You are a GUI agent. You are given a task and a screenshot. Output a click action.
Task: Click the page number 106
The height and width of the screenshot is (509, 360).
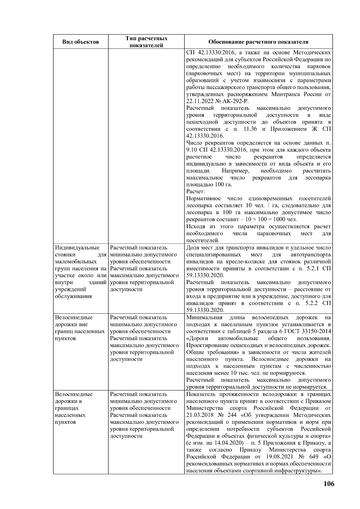click(x=328, y=484)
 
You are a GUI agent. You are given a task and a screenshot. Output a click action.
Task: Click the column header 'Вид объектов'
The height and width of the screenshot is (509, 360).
click(x=80, y=42)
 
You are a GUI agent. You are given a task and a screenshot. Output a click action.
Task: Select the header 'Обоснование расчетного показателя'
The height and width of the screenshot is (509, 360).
click(x=258, y=42)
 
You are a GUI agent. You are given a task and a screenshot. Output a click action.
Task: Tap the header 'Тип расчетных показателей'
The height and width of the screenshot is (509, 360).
click(x=146, y=42)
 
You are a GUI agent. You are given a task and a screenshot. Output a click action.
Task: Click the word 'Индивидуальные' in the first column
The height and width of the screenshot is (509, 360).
click(x=77, y=248)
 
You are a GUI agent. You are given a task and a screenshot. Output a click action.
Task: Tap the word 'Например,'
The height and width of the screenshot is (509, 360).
click(x=235, y=171)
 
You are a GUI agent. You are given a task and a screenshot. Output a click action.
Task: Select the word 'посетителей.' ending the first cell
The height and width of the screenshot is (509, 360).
click(x=203, y=241)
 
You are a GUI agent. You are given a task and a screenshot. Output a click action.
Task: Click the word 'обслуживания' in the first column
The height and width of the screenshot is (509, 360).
click(x=73, y=296)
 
